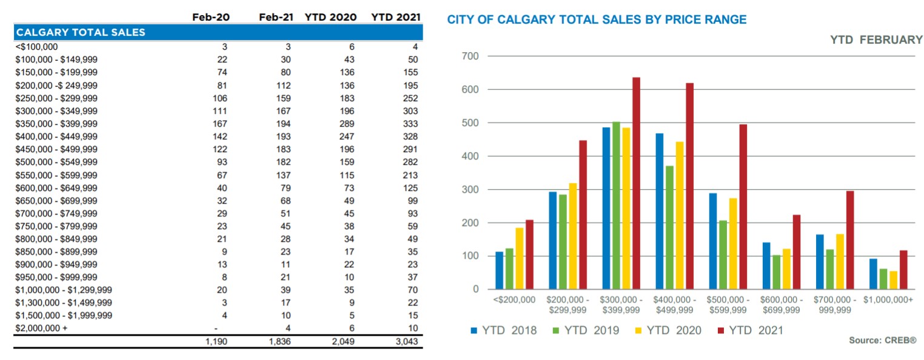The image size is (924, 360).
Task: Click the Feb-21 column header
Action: pyautogui.click(x=276, y=18)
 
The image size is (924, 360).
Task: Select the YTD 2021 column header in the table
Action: pyautogui.click(x=395, y=18)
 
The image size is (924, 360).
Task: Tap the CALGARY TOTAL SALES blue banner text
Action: pyautogui.click(x=81, y=32)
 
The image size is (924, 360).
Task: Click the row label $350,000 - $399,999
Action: pyautogui.click(x=56, y=124)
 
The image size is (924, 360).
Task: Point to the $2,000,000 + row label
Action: pyautogui.click(x=41, y=328)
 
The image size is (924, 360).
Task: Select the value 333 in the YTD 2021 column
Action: pyautogui.click(x=410, y=124)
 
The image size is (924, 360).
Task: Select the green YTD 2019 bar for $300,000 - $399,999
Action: pyautogui.click(x=616, y=205)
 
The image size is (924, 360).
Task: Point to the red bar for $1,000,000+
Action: pyautogui.click(x=903, y=270)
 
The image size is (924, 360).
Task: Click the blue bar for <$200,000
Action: pyautogui.click(x=499, y=270)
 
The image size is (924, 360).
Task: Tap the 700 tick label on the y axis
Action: pyautogui.click(x=470, y=56)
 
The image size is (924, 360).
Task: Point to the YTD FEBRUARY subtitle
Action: pyautogui.click(x=875, y=40)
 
